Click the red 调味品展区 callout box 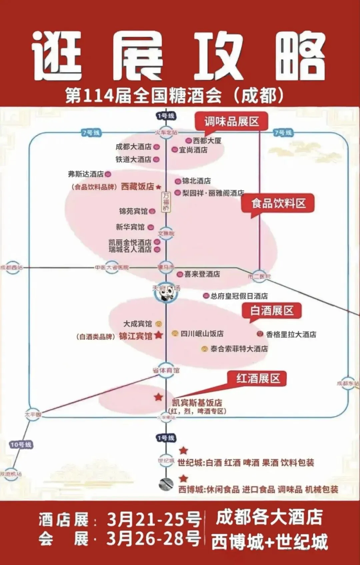231,122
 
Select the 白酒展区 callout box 272,310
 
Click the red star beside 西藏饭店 158,187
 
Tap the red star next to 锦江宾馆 159,335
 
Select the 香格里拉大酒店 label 291,334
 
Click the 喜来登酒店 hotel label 202,274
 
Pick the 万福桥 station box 166,202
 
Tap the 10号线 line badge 21,445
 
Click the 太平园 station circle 33,415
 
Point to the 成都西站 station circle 12,267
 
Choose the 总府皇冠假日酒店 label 239,296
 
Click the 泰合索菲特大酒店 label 239,349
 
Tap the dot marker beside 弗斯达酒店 108,174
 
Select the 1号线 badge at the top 166,116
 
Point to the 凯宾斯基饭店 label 197,403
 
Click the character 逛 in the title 57,56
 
